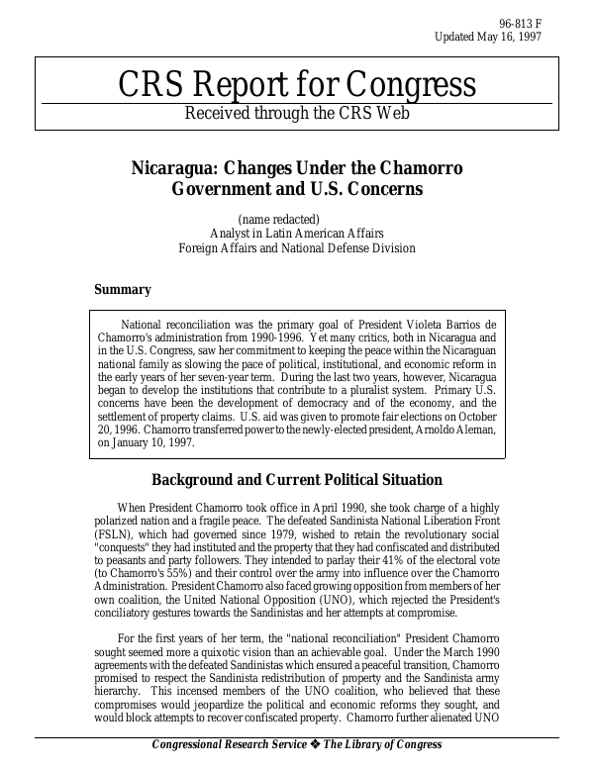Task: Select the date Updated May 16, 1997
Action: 488,38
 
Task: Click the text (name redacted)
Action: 280,218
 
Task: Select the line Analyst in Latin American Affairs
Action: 296,233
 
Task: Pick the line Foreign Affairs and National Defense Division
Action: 296,247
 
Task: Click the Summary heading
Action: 122,290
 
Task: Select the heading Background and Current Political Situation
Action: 296,480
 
